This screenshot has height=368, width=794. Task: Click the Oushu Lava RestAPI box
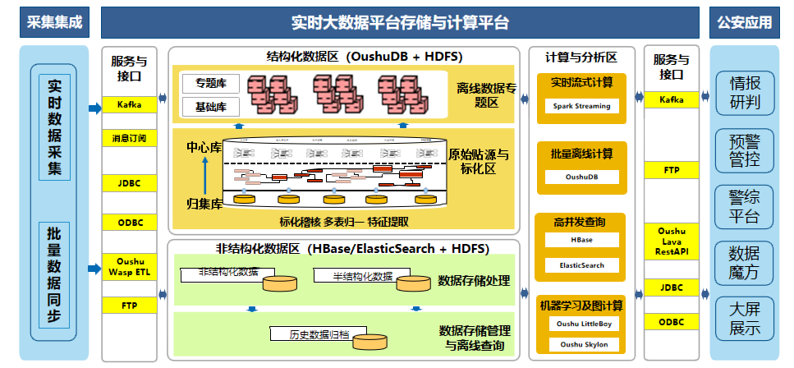point(672,241)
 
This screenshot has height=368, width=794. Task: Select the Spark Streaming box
point(582,106)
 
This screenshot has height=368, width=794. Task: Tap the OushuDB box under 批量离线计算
point(582,177)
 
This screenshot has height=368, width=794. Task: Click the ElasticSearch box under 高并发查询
point(582,265)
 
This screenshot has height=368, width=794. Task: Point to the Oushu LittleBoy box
point(582,324)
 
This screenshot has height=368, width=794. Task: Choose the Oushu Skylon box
point(582,346)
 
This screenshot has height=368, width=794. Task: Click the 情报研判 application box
point(745,93)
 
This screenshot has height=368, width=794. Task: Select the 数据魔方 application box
point(745,262)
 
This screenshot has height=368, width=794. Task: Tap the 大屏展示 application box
point(745,319)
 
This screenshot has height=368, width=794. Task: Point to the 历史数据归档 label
point(320,334)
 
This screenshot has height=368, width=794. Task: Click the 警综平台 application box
point(745,206)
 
